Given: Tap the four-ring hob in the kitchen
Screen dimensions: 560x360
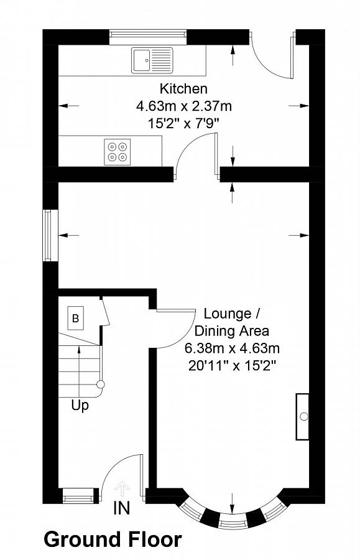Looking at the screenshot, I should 116,151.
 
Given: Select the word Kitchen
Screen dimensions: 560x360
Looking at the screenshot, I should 183,88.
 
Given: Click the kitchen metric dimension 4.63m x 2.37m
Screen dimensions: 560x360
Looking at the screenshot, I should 183,106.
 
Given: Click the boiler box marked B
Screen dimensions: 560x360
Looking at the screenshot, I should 75,319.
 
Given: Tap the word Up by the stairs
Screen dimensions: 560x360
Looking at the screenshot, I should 80,406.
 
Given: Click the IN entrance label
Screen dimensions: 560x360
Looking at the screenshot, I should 122,508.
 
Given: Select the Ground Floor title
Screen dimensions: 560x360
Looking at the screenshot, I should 113,539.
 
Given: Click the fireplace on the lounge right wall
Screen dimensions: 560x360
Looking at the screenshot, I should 302,416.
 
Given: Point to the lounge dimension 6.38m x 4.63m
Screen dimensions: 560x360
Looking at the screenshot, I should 232,347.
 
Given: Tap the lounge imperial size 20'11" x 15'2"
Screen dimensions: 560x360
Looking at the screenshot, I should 232,365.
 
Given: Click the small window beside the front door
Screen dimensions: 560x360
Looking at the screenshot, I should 78,495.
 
